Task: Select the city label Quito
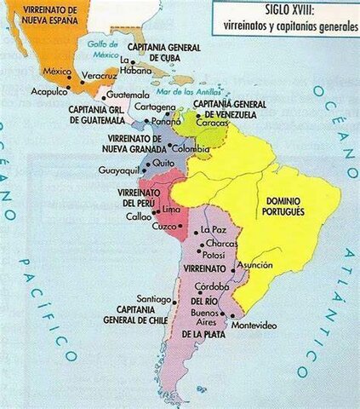pyautogui.click(x=164, y=162)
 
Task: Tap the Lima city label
pyautogui.click(x=170, y=209)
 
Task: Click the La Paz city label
pyautogui.click(x=213, y=230)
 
